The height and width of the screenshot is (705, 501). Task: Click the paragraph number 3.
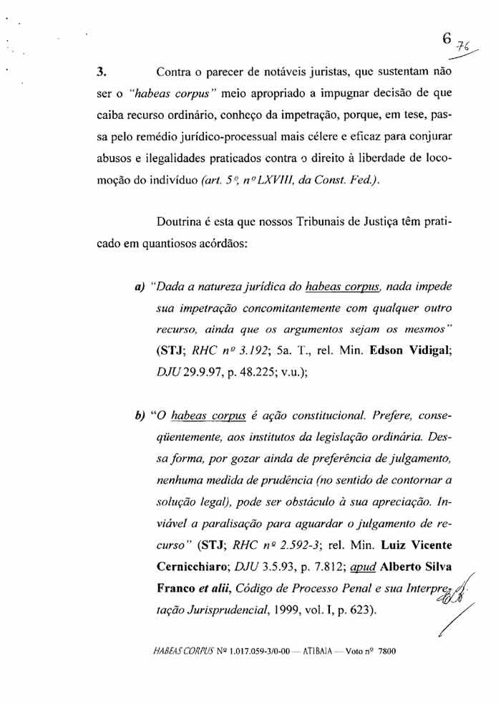click(x=102, y=72)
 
